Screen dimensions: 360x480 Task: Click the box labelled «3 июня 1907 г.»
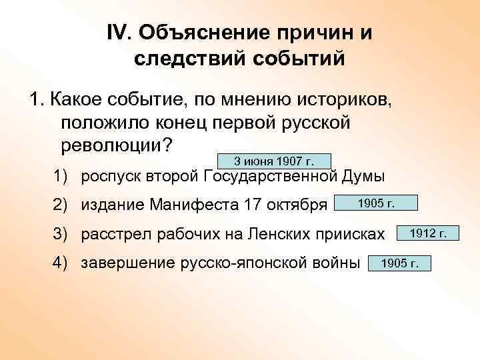point(275,161)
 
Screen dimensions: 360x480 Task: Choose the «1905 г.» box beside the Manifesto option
point(377,203)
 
